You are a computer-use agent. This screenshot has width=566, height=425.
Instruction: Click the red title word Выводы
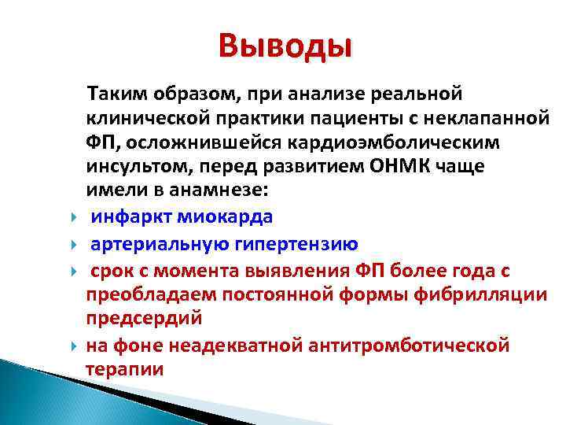click(286, 46)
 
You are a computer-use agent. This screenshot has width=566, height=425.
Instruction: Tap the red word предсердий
click(144, 319)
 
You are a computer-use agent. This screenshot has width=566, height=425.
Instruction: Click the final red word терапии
click(125, 369)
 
